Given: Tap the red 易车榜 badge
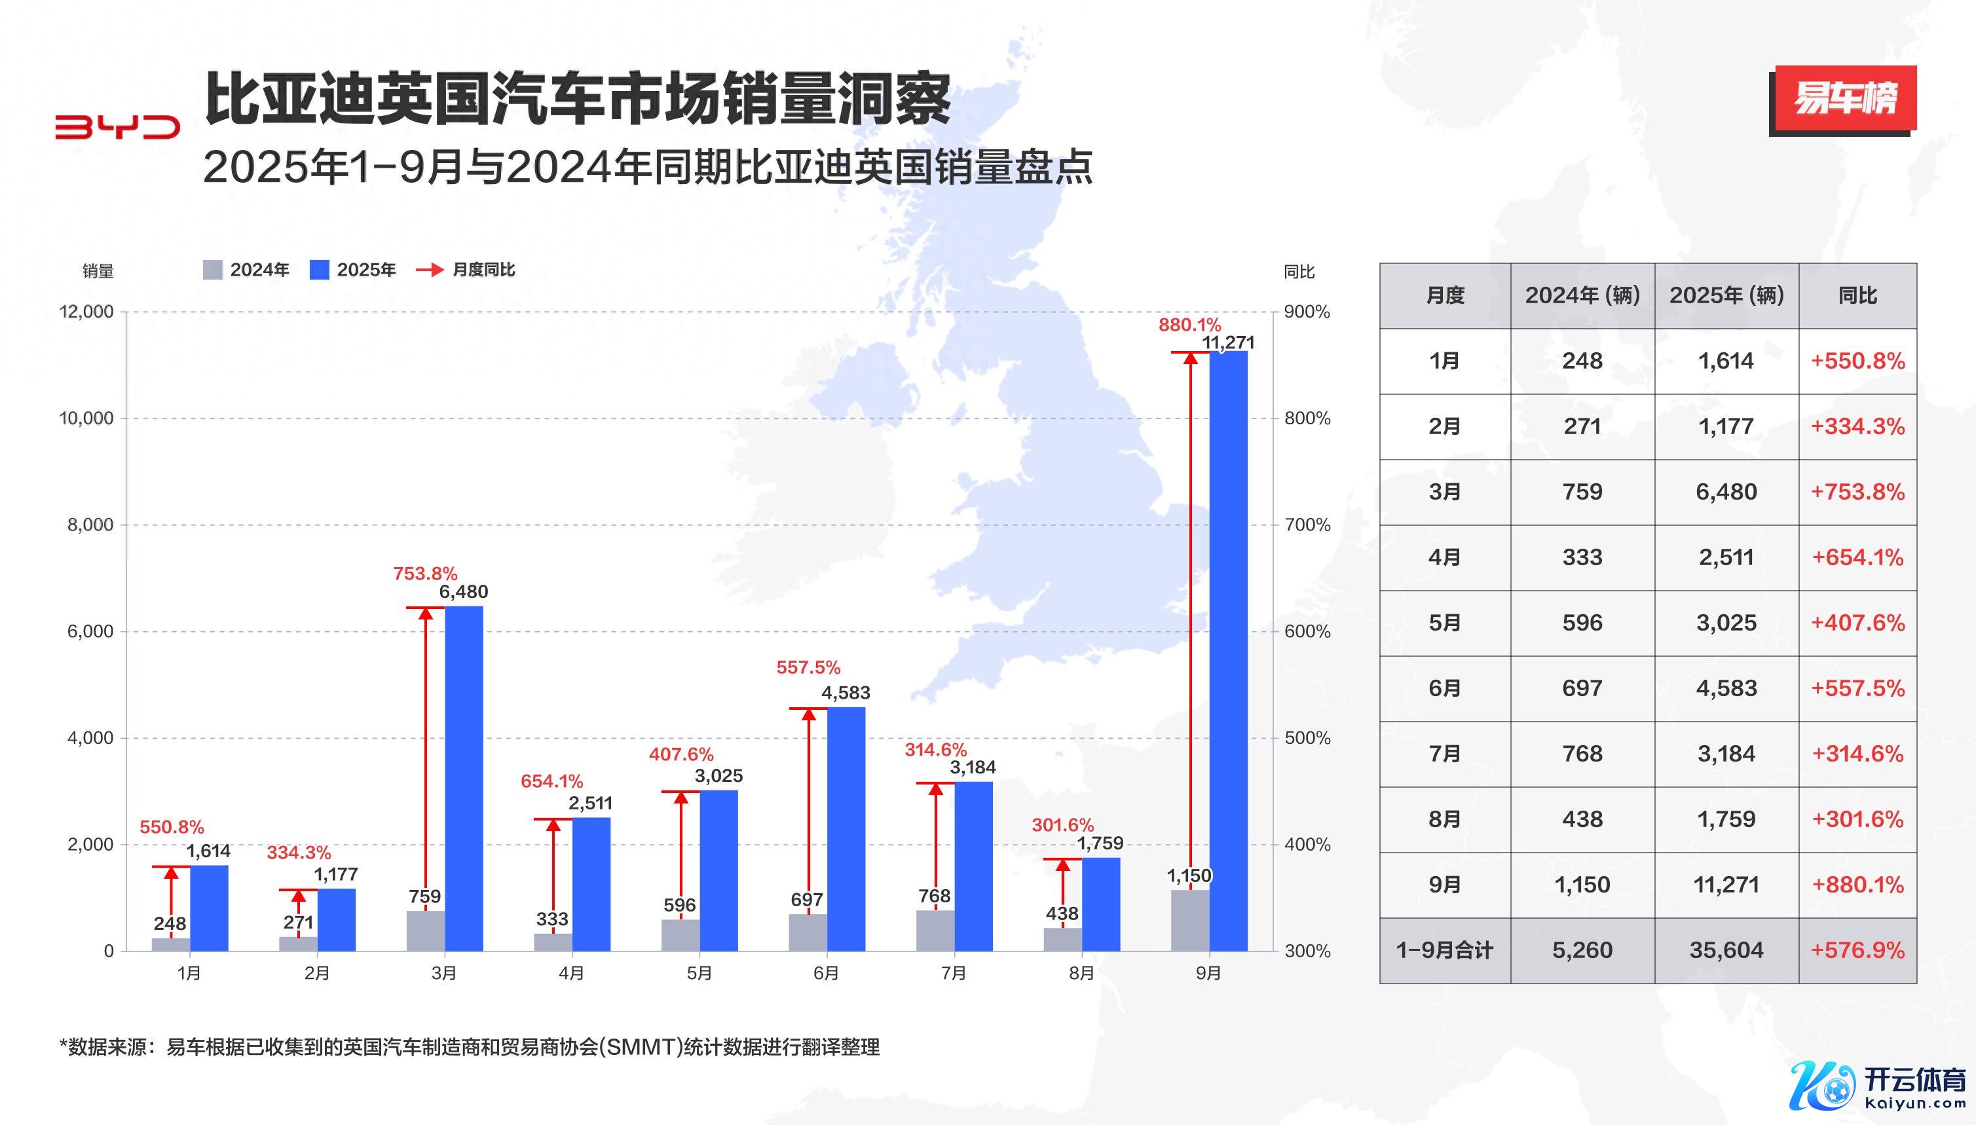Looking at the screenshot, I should (x=1844, y=98).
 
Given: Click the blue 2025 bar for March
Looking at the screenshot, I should (x=464, y=778).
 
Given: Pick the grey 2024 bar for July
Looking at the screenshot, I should (x=935, y=931).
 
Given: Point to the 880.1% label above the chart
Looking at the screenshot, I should (x=1189, y=325).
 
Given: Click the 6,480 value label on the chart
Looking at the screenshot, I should (x=464, y=592).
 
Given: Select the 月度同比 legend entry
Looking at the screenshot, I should (x=466, y=270).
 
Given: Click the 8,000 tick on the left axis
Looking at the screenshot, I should (x=90, y=525).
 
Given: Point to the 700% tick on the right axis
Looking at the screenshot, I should (x=1307, y=525).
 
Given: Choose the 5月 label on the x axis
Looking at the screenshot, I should (x=699, y=973).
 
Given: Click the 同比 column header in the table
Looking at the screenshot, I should (x=1857, y=295).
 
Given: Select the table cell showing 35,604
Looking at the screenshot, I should (x=1726, y=950).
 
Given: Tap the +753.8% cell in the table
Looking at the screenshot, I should (x=1857, y=492).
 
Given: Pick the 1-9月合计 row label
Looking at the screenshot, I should (x=1444, y=950).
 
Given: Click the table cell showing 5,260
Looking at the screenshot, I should (x=1582, y=950).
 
